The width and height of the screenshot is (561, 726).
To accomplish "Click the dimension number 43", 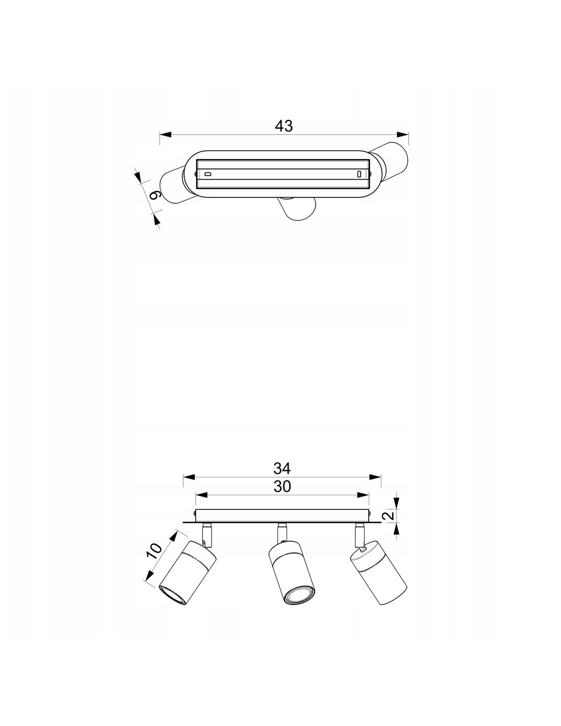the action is click(x=284, y=126).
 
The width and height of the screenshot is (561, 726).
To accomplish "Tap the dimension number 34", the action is click(x=283, y=469).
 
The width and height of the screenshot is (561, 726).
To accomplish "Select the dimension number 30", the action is click(x=283, y=487).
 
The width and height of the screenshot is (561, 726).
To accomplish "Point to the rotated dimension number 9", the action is click(x=156, y=196).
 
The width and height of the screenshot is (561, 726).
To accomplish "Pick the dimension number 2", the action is click(x=389, y=515).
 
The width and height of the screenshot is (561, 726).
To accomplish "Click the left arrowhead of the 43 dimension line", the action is click(x=166, y=135).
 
